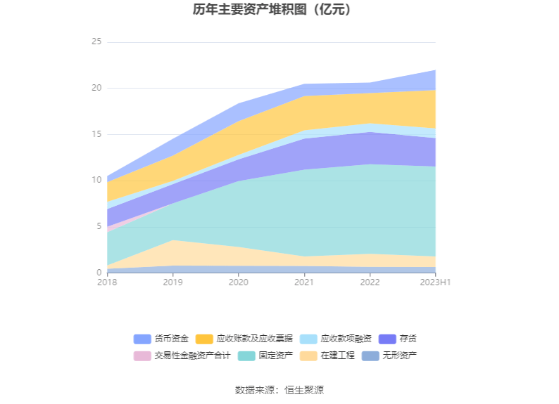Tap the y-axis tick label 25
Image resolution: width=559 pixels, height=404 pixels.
96,42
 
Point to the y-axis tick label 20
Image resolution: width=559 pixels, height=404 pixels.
96,89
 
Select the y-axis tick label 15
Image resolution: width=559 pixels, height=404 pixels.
96,134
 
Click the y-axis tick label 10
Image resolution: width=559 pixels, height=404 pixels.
96,181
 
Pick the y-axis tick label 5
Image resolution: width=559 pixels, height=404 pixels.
99,226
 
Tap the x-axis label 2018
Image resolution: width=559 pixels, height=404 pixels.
108,282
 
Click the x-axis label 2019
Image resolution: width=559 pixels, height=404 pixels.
173,282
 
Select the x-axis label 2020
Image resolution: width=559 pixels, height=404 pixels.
239,282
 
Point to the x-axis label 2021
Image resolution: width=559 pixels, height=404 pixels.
304,282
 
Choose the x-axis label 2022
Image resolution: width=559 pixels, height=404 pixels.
370,282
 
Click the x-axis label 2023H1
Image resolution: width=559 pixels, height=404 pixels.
435,282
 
